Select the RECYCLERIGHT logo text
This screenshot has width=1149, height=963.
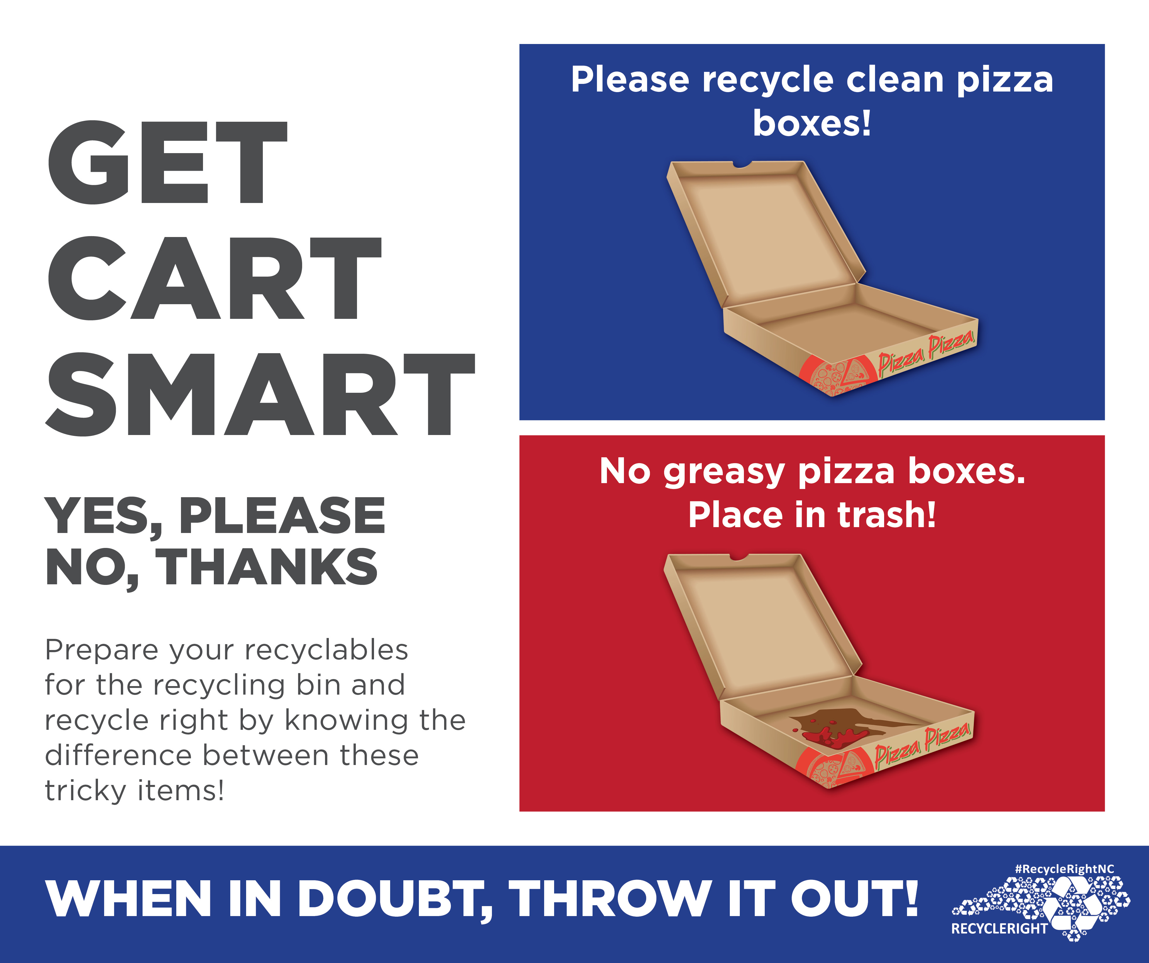pos(999,928)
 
